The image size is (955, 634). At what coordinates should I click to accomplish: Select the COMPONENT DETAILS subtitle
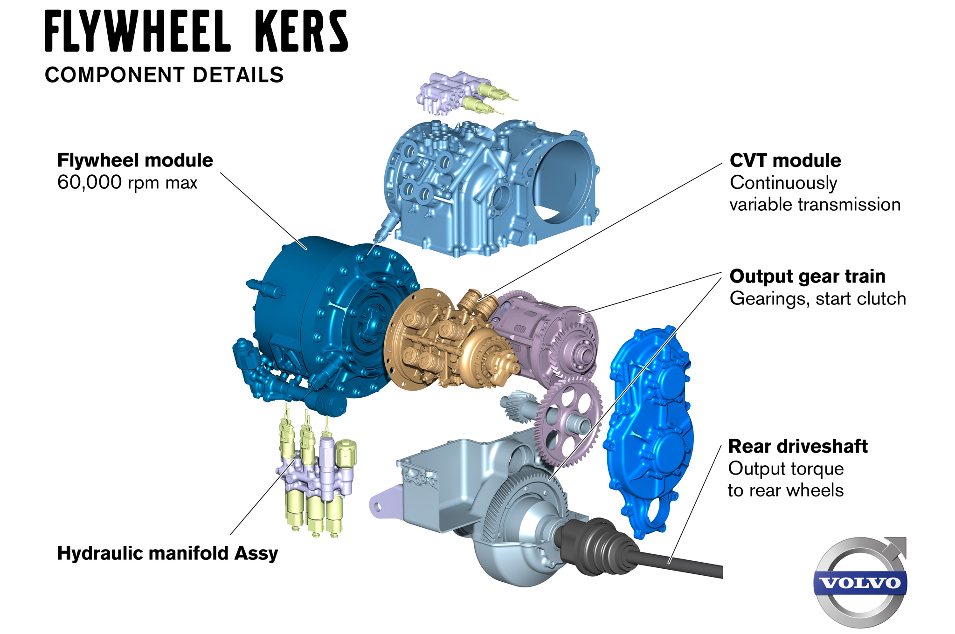(164, 75)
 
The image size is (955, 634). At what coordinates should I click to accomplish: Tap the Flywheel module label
(135, 160)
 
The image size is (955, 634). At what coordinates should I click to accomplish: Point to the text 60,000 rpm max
(127, 182)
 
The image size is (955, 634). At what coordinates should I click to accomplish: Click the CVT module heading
(785, 161)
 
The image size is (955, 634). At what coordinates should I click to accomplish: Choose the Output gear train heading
(807, 276)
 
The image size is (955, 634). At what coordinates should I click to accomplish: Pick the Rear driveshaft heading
(797, 447)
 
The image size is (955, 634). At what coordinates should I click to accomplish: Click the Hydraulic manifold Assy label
(167, 553)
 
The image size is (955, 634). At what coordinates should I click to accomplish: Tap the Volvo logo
(860, 582)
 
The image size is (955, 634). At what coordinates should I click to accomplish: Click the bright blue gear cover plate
(651, 429)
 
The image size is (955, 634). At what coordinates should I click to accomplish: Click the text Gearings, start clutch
(817, 298)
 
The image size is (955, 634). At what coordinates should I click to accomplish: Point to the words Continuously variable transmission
(814, 193)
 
